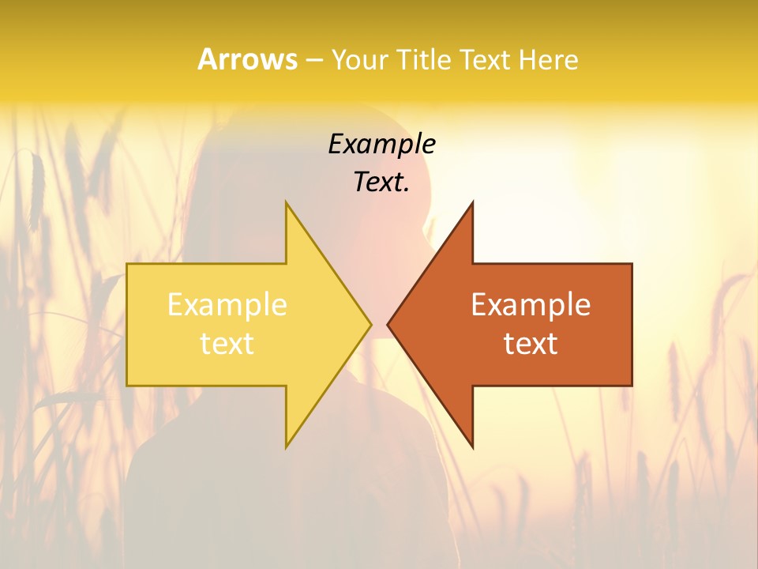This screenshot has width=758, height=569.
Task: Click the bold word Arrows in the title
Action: tap(247, 59)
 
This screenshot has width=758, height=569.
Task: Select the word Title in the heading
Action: tap(426, 59)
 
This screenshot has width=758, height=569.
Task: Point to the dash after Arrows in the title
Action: tap(313, 60)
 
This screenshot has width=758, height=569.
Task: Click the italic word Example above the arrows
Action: tap(381, 145)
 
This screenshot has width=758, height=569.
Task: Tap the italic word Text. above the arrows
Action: tap(381, 182)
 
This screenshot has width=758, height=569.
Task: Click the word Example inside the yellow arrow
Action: tap(227, 305)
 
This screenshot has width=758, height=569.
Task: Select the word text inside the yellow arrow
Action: tap(227, 344)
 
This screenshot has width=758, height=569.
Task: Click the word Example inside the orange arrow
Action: tap(531, 305)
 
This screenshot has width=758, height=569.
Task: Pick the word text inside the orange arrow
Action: tap(531, 344)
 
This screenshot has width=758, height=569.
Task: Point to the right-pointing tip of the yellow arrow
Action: tap(370, 324)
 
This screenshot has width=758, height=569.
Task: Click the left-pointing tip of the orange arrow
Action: tap(388, 324)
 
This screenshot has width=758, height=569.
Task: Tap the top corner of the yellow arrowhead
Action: tap(286, 202)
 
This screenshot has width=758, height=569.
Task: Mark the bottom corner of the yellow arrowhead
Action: tap(286, 447)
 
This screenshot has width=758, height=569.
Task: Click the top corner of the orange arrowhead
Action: tap(472, 202)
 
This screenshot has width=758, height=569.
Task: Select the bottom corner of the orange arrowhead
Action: tap(472, 447)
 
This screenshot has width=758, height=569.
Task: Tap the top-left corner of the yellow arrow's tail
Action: tap(127, 264)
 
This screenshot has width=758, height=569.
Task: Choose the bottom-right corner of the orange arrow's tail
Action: tap(632, 386)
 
